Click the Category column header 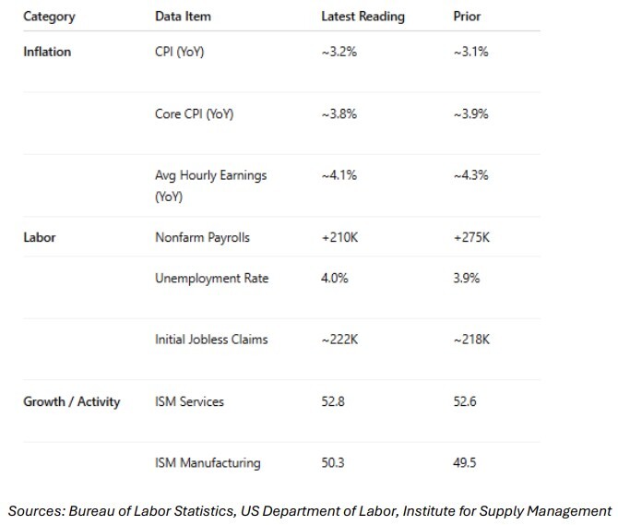tap(49, 17)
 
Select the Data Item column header tap(183, 17)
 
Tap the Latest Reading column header tap(362, 17)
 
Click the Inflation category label tap(47, 52)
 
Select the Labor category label tap(40, 237)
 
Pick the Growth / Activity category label tap(72, 401)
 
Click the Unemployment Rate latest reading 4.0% tap(336, 279)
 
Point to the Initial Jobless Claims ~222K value tap(339, 340)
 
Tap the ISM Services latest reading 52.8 tap(333, 401)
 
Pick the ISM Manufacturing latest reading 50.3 tap(333, 462)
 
